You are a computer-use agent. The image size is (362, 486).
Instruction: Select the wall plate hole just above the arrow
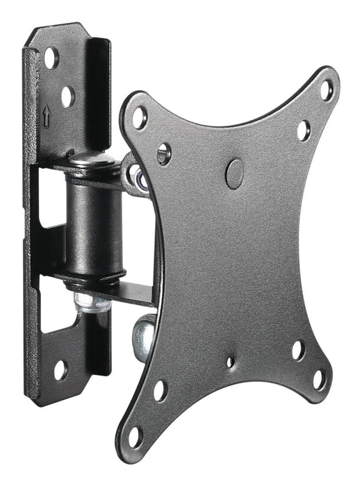(x=67, y=97)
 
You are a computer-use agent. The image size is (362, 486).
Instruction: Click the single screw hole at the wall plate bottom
(x=61, y=370)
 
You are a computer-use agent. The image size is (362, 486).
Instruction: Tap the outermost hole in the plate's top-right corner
(x=326, y=90)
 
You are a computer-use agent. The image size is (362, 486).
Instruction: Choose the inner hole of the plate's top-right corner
(x=304, y=130)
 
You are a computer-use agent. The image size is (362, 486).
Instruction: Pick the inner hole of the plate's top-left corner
(x=164, y=153)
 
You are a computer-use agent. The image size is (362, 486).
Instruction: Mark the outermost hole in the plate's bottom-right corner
(x=319, y=379)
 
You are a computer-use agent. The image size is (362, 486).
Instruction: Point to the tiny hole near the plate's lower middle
(x=231, y=362)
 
